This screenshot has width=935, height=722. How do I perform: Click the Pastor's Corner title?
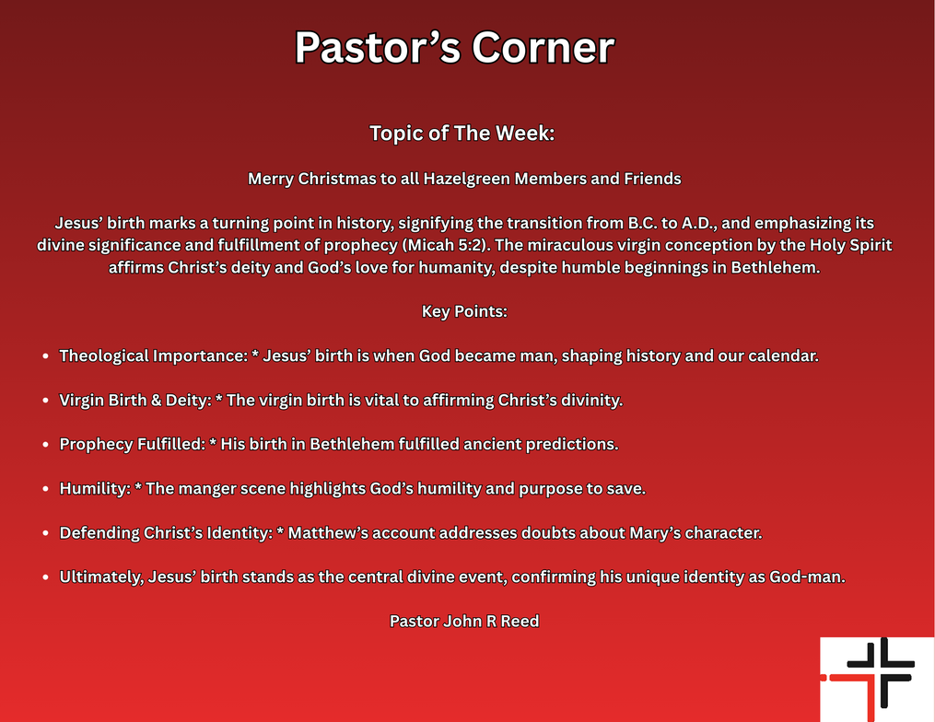pos(454,48)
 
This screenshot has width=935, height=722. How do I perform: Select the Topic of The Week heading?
pos(462,133)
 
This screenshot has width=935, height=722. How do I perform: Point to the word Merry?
pos(271,179)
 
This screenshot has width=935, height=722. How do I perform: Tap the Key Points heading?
pos(464,311)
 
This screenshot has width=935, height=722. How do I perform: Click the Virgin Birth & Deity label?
pos(134,401)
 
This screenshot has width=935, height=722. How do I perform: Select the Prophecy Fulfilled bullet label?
pos(132,445)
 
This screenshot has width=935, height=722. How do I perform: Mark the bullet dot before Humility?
pos(46,490)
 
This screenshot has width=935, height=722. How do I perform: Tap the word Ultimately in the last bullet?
pos(100,577)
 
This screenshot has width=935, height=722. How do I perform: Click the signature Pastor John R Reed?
pos(464,622)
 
